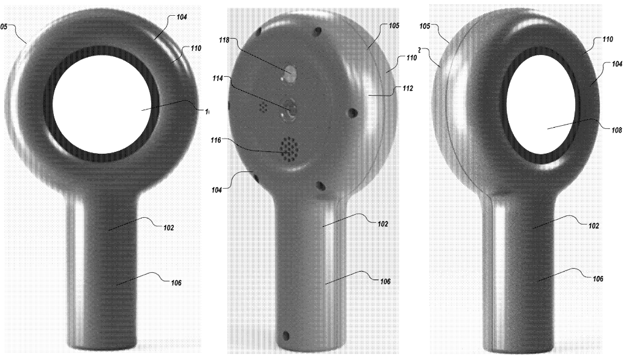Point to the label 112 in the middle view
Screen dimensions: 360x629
point(406,88)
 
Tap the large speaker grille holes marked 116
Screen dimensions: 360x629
point(289,148)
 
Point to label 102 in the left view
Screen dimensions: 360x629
point(168,228)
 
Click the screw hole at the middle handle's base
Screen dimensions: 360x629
point(287,335)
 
